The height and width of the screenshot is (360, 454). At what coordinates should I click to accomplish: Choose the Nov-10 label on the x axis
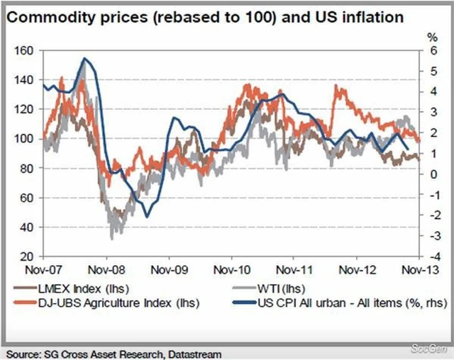click(232, 270)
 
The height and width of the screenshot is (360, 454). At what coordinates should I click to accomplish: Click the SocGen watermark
click(429, 347)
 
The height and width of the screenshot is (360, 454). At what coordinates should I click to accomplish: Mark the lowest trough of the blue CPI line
click(147, 216)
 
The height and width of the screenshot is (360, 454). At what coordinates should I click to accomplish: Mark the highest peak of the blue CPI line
click(86, 59)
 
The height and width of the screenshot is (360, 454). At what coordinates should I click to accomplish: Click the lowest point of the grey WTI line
click(111, 238)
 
